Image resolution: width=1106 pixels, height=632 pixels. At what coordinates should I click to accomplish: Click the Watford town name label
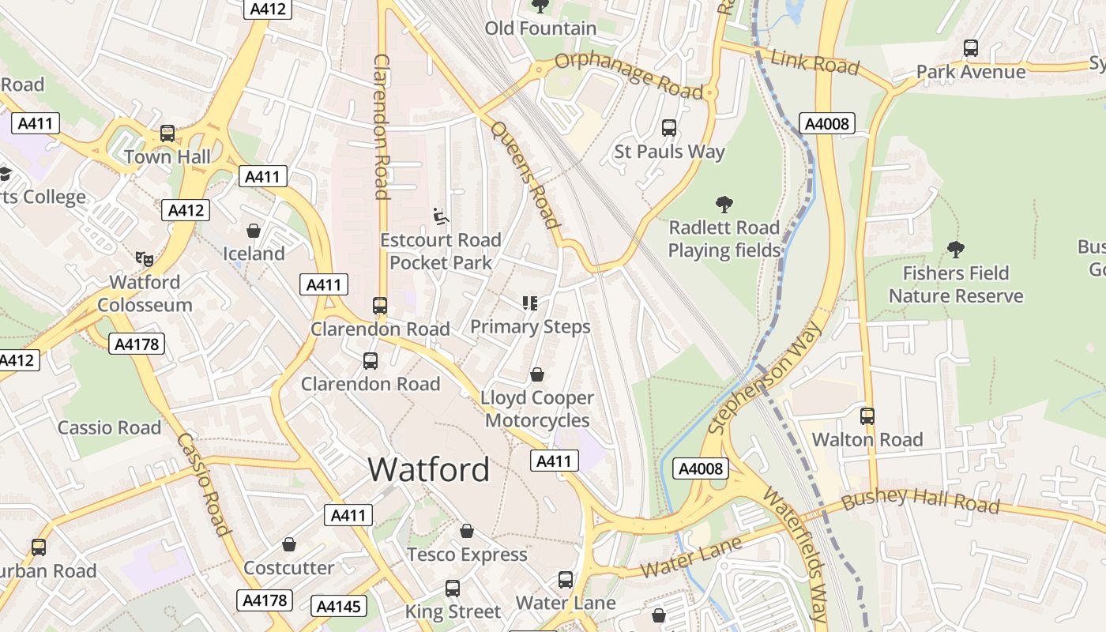coord(428,470)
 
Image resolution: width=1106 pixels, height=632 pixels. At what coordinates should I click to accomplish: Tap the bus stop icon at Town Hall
coord(167,134)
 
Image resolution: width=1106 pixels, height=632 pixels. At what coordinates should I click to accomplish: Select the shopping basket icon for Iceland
coord(254,231)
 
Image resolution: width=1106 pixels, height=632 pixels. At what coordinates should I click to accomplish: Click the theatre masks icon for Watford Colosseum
coord(144,258)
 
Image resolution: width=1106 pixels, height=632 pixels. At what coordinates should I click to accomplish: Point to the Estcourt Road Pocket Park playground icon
coord(441,216)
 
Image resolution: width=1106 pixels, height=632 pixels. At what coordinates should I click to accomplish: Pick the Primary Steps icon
coord(530,303)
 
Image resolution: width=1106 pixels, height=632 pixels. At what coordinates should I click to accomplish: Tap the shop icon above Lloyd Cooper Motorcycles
coord(537,374)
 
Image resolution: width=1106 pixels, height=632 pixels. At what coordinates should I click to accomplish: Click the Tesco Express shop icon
coord(467,531)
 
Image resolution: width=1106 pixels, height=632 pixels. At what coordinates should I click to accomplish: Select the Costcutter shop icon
coord(289,544)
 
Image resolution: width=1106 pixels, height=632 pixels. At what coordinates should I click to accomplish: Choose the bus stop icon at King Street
coord(453,589)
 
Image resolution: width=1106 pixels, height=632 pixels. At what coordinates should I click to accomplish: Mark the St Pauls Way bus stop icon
coord(669,128)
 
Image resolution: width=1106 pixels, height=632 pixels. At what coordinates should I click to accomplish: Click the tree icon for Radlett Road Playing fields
coord(724,205)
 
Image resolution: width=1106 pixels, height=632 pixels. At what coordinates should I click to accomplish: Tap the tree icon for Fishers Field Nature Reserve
coord(956,250)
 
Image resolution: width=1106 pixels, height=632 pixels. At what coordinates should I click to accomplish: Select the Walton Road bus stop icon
coord(867,416)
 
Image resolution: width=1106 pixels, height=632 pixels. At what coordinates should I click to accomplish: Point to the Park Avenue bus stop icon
coord(971,48)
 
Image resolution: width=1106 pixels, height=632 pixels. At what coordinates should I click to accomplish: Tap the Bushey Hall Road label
coord(920,502)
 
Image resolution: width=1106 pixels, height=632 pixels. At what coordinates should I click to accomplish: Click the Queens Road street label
coord(525,174)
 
